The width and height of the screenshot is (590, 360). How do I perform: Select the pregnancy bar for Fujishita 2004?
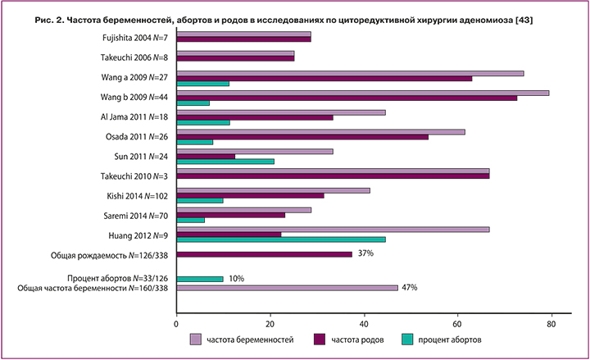(x=243, y=34)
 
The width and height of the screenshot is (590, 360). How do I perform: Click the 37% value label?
(x=365, y=254)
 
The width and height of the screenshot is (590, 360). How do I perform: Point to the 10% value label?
(x=237, y=279)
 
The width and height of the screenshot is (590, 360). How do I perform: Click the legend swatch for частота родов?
(x=321, y=339)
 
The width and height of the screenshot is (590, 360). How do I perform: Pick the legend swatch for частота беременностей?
(x=195, y=339)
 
